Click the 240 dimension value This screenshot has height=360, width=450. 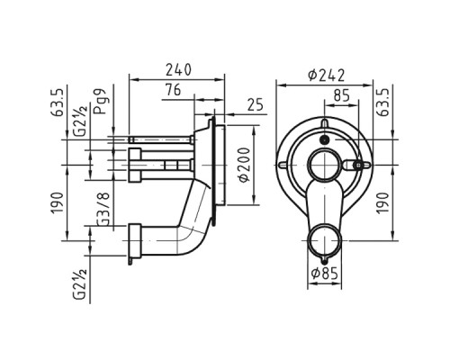point(178,70)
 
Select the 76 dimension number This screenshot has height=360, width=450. point(173,90)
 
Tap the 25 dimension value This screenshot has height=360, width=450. point(255,104)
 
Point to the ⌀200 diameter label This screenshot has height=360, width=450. point(245,165)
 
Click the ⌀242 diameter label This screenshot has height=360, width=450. point(327,76)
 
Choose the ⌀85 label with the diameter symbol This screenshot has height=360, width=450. point(325,274)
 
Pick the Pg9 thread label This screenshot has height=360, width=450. point(100,101)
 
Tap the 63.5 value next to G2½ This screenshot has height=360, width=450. point(58,103)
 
